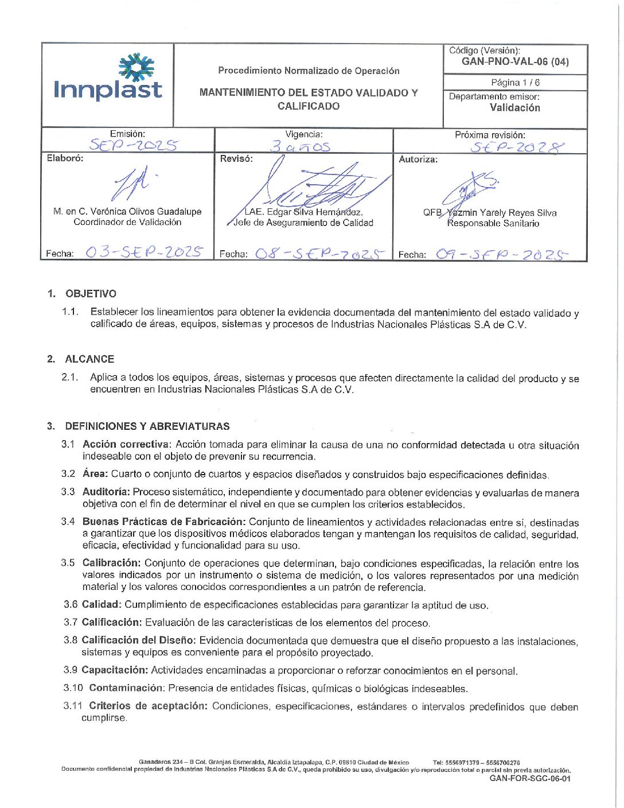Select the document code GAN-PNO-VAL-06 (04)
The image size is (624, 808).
pyautogui.click(x=515, y=62)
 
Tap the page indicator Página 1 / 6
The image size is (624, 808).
pyautogui.click(x=515, y=83)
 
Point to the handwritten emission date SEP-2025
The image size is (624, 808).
pyautogui.click(x=133, y=145)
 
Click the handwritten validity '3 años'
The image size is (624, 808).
pyautogui.click(x=301, y=146)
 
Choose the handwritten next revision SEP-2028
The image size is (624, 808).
pyautogui.click(x=517, y=147)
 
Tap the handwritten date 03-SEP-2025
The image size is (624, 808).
pyautogui.click(x=143, y=252)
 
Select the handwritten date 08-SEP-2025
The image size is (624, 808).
pyautogui.click(x=319, y=254)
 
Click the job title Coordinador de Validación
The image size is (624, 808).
pyautogui.click(x=127, y=222)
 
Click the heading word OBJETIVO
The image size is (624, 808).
pyautogui.click(x=91, y=294)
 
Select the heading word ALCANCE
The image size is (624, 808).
pyautogui.click(x=89, y=359)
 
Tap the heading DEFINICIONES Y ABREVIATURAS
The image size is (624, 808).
pyautogui.click(x=147, y=426)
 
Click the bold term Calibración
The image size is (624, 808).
pyautogui.click(x=111, y=563)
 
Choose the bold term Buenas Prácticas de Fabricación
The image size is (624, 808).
pyautogui.click(x=164, y=522)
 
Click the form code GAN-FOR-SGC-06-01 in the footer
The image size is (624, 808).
pyautogui.click(x=530, y=779)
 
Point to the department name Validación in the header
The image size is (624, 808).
pyautogui.click(x=514, y=108)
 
